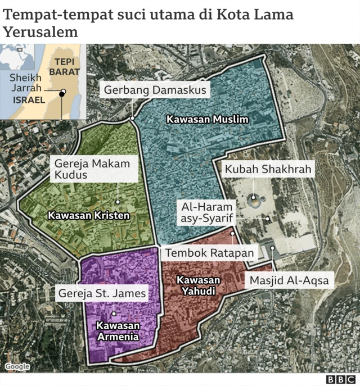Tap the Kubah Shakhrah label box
pyautogui.click(x=268, y=169)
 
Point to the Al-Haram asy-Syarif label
pyautogui.click(x=206, y=213)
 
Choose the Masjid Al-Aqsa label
pyautogui.click(x=289, y=280)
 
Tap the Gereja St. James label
pyautogui.click(x=102, y=293)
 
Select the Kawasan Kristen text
pyautogui.click(x=89, y=215)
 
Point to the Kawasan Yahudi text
pyautogui.click(x=198, y=285)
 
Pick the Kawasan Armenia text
pyautogui.click(x=118, y=331)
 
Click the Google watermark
pyautogui.click(x=17, y=367)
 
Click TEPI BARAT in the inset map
pyautogui.click(x=64, y=67)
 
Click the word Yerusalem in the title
pyautogui.click(x=40, y=31)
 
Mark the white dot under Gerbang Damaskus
pyautogui.click(x=132, y=119)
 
